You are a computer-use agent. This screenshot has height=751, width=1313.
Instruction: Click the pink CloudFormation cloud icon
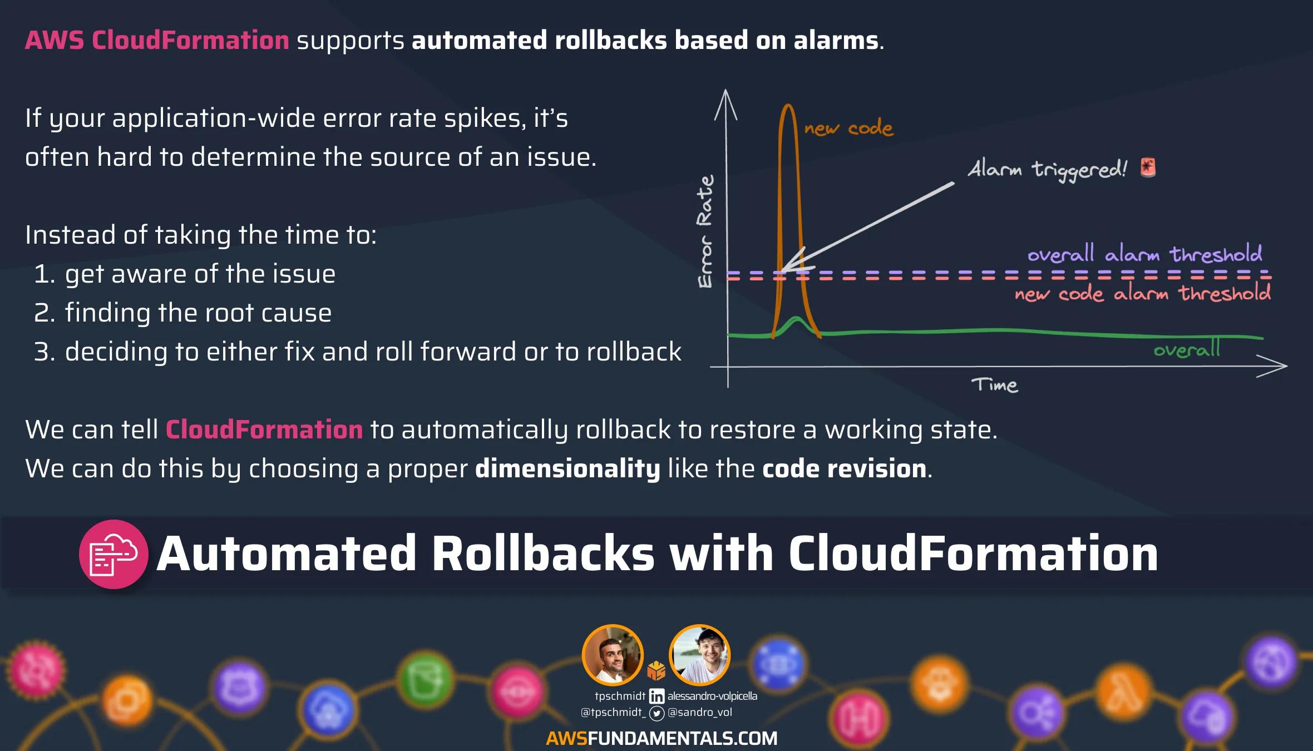click(x=113, y=554)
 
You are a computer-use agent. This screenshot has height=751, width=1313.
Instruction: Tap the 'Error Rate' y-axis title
click(x=705, y=231)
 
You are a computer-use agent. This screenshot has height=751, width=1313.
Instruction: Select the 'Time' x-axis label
click(x=995, y=385)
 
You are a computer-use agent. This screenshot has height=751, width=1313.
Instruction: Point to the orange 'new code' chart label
click(x=848, y=129)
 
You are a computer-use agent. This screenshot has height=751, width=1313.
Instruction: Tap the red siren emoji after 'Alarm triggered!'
click(x=1148, y=167)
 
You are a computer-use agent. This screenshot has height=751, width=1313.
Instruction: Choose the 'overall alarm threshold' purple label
click(x=1144, y=254)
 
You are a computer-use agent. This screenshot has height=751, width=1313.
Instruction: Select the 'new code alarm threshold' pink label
click(x=1142, y=293)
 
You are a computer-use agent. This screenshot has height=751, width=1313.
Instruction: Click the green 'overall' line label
click(x=1186, y=349)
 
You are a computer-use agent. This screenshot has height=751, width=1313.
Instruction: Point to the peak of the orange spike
click(x=787, y=105)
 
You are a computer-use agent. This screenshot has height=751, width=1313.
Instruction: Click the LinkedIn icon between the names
click(x=656, y=696)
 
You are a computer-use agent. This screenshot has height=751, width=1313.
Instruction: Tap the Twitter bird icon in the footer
click(x=657, y=713)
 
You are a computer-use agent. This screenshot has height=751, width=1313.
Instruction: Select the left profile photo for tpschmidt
click(x=613, y=655)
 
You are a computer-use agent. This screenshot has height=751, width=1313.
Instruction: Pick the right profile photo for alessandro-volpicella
click(x=699, y=655)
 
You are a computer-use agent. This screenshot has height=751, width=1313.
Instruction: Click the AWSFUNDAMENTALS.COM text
click(x=662, y=738)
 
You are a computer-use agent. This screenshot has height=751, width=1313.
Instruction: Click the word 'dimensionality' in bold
click(x=567, y=468)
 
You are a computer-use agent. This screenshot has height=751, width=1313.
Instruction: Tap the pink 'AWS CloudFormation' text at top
click(x=157, y=41)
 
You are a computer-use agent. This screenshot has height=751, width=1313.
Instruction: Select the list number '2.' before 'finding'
click(x=44, y=313)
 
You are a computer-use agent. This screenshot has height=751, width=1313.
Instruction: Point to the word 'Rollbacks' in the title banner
click(x=544, y=554)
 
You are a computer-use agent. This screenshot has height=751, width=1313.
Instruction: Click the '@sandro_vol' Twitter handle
click(x=700, y=712)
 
